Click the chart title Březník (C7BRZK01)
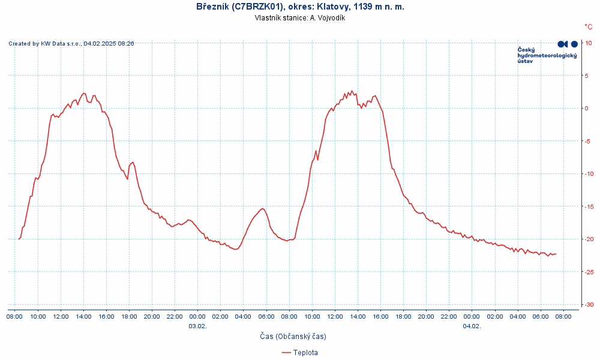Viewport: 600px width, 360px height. (x=300, y=7)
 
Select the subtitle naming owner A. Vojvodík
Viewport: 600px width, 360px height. (x=300, y=18)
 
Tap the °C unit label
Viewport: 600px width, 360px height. (x=589, y=26)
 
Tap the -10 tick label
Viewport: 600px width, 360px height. (x=589, y=174)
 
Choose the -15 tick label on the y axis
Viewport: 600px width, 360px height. (x=589, y=206)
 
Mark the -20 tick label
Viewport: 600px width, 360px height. (x=589, y=239)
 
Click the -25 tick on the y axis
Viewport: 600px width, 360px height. (x=589, y=272)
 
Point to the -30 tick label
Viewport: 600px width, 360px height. (x=589, y=305)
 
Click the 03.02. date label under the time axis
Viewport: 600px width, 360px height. (x=197, y=326)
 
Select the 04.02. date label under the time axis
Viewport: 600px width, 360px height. (x=472, y=326)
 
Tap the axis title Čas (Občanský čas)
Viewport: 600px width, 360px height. (x=293, y=337)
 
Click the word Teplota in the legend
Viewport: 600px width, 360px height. (x=305, y=353)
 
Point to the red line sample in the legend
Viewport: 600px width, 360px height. (x=286, y=353)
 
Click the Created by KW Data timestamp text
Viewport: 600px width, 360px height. (x=71, y=43)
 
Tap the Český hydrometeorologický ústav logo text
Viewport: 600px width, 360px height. (x=547, y=55)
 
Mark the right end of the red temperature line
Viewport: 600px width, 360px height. (x=556, y=254)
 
